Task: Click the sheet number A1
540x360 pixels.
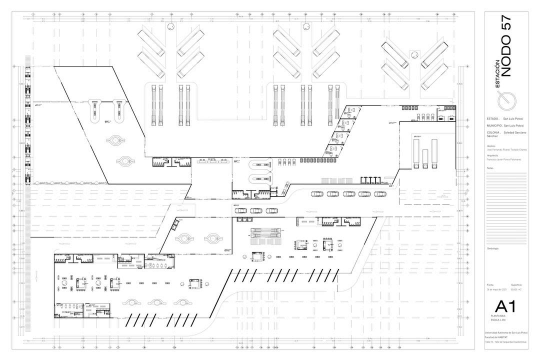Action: (505, 306)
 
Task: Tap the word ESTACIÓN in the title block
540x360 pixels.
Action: (497, 74)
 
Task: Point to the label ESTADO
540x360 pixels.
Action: (492, 118)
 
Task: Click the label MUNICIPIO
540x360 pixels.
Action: (494, 125)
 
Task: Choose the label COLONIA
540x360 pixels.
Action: (493, 132)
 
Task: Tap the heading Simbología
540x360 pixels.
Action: (493, 248)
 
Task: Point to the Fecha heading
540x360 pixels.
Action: (490, 284)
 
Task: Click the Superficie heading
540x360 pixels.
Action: (517, 284)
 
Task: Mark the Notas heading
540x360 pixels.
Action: (490, 168)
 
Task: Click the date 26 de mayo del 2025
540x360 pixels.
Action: (496, 289)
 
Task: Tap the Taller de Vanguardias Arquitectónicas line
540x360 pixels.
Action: (506, 341)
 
